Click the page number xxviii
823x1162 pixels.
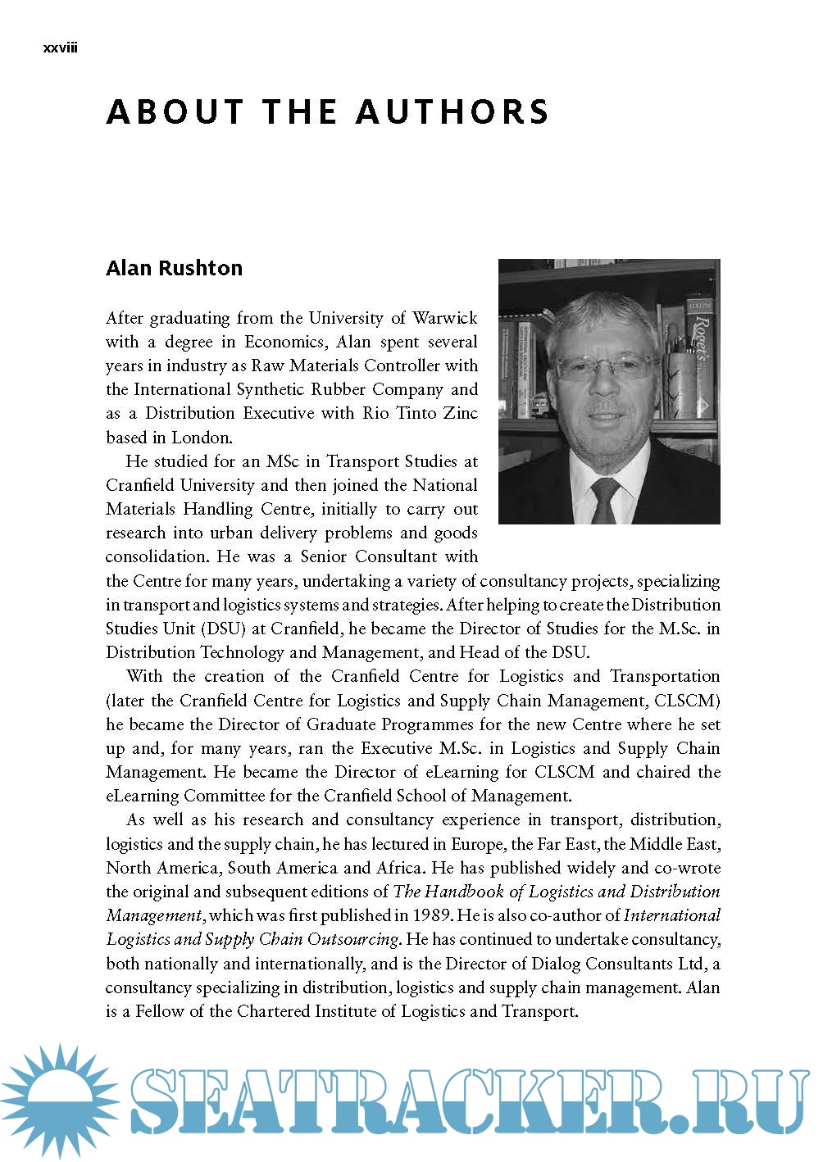(60, 48)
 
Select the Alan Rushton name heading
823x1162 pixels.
(174, 268)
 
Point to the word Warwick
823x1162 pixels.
(444, 318)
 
